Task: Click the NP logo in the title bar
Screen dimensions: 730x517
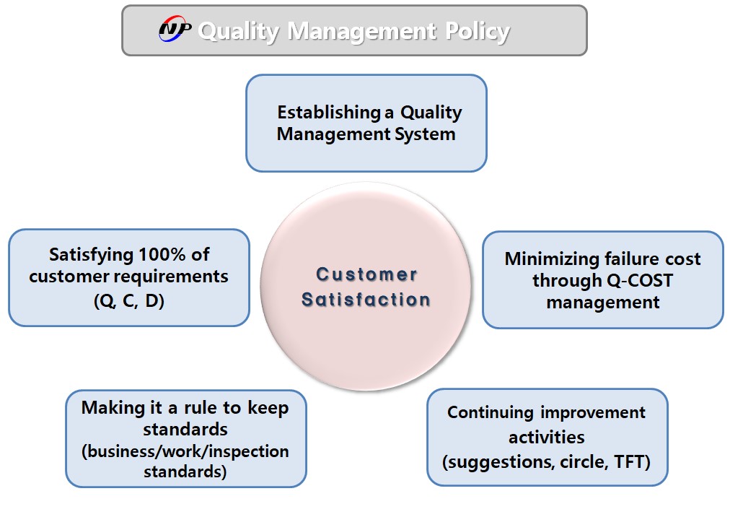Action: (x=175, y=30)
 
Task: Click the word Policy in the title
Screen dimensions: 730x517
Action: (x=478, y=32)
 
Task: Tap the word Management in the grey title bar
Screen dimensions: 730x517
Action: (x=362, y=32)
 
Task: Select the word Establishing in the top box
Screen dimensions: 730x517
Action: (x=329, y=112)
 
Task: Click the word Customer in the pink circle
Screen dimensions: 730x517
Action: (x=366, y=274)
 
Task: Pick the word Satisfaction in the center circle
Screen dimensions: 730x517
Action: (x=366, y=299)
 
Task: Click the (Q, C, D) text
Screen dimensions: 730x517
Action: (x=129, y=300)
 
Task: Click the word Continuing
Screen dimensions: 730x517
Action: (x=491, y=412)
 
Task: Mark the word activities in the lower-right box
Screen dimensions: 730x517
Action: (x=547, y=438)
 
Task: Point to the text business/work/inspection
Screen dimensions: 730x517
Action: (x=185, y=451)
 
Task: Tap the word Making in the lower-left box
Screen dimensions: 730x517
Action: (x=113, y=409)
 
